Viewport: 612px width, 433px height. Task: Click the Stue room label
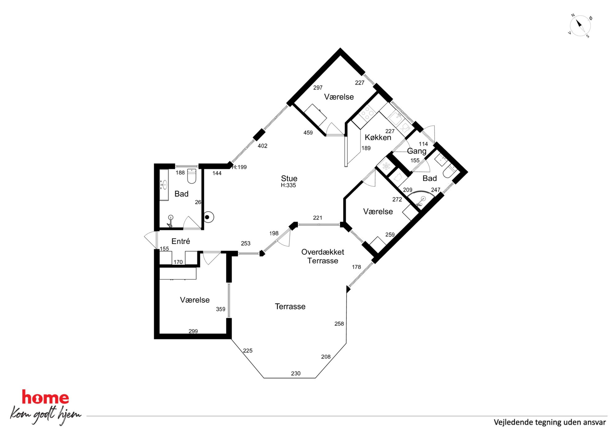[x=289, y=178]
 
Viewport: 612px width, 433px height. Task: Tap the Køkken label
[x=378, y=137]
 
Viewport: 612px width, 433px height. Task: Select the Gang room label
[x=416, y=151]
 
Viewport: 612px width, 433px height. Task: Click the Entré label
[x=181, y=241]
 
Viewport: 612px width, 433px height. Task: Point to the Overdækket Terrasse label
[x=323, y=256]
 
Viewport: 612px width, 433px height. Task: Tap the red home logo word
[x=45, y=397]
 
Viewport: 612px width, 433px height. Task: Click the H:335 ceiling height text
[x=288, y=185]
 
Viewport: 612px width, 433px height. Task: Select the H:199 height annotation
[x=239, y=167]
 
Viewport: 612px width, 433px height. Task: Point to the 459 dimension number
[x=308, y=133]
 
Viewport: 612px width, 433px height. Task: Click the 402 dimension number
[x=263, y=146]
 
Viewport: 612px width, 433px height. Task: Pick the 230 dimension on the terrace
[x=296, y=373]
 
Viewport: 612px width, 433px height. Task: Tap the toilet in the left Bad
[x=192, y=176]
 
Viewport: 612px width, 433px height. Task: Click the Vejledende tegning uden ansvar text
[x=550, y=422]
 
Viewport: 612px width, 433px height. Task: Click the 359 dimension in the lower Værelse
[x=221, y=309]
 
